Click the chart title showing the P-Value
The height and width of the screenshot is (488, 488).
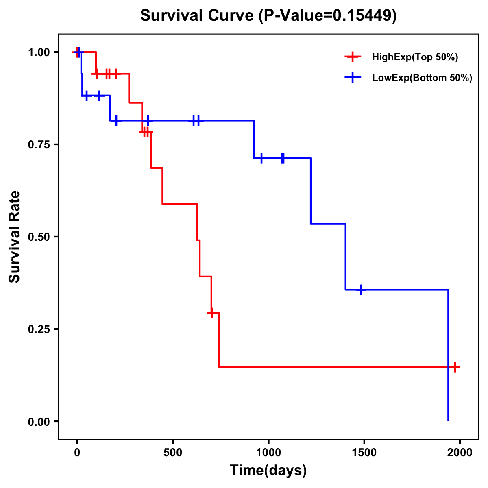click(x=268, y=16)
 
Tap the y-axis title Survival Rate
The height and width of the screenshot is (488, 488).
click(x=15, y=236)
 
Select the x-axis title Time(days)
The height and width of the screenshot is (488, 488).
click(x=268, y=470)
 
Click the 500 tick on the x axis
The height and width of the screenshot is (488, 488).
click(x=173, y=453)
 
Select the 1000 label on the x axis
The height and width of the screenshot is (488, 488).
click(x=268, y=453)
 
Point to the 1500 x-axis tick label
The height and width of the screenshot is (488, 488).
click(x=364, y=453)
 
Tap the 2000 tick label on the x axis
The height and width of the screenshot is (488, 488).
click(x=460, y=453)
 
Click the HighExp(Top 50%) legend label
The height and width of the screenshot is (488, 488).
click(x=415, y=57)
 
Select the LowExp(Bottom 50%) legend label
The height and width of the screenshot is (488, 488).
click(x=422, y=78)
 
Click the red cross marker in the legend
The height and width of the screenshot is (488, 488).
click(x=353, y=57)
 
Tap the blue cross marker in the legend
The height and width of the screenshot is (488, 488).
click(x=353, y=78)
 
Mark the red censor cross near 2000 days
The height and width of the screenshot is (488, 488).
click(x=455, y=367)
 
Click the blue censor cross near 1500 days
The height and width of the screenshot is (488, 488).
click(x=361, y=290)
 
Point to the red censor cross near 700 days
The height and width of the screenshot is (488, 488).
click(x=211, y=313)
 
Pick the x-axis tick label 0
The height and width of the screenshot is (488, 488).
click(x=77, y=453)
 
